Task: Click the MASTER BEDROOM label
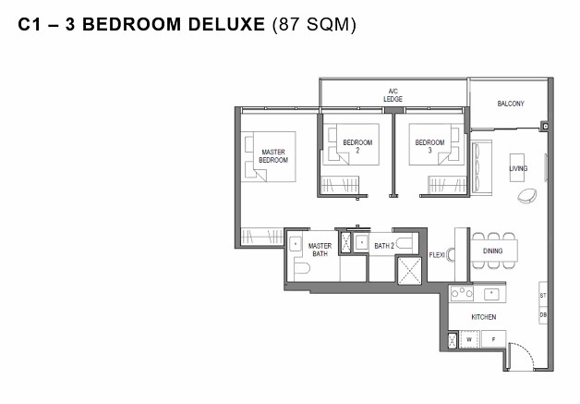tap(273, 156)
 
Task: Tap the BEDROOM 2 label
tap(357, 146)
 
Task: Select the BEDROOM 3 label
tap(429, 146)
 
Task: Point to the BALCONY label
tap(511, 104)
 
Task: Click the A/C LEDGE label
tap(393, 95)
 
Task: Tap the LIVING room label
tap(518, 168)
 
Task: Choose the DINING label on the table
tap(492, 251)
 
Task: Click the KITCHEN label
tap(483, 317)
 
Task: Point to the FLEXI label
tap(437, 255)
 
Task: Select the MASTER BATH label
tap(320, 250)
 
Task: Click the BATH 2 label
tap(384, 246)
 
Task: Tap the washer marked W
tap(469, 339)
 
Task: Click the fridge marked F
tap(493, 339)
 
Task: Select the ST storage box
tap(543, 295)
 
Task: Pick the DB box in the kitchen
tap(543, 315)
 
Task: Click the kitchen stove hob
tap(462, 293)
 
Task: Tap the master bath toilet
tap(301, 268)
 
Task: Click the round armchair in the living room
tap(527, 195)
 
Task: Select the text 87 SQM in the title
tap(314, 24)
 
